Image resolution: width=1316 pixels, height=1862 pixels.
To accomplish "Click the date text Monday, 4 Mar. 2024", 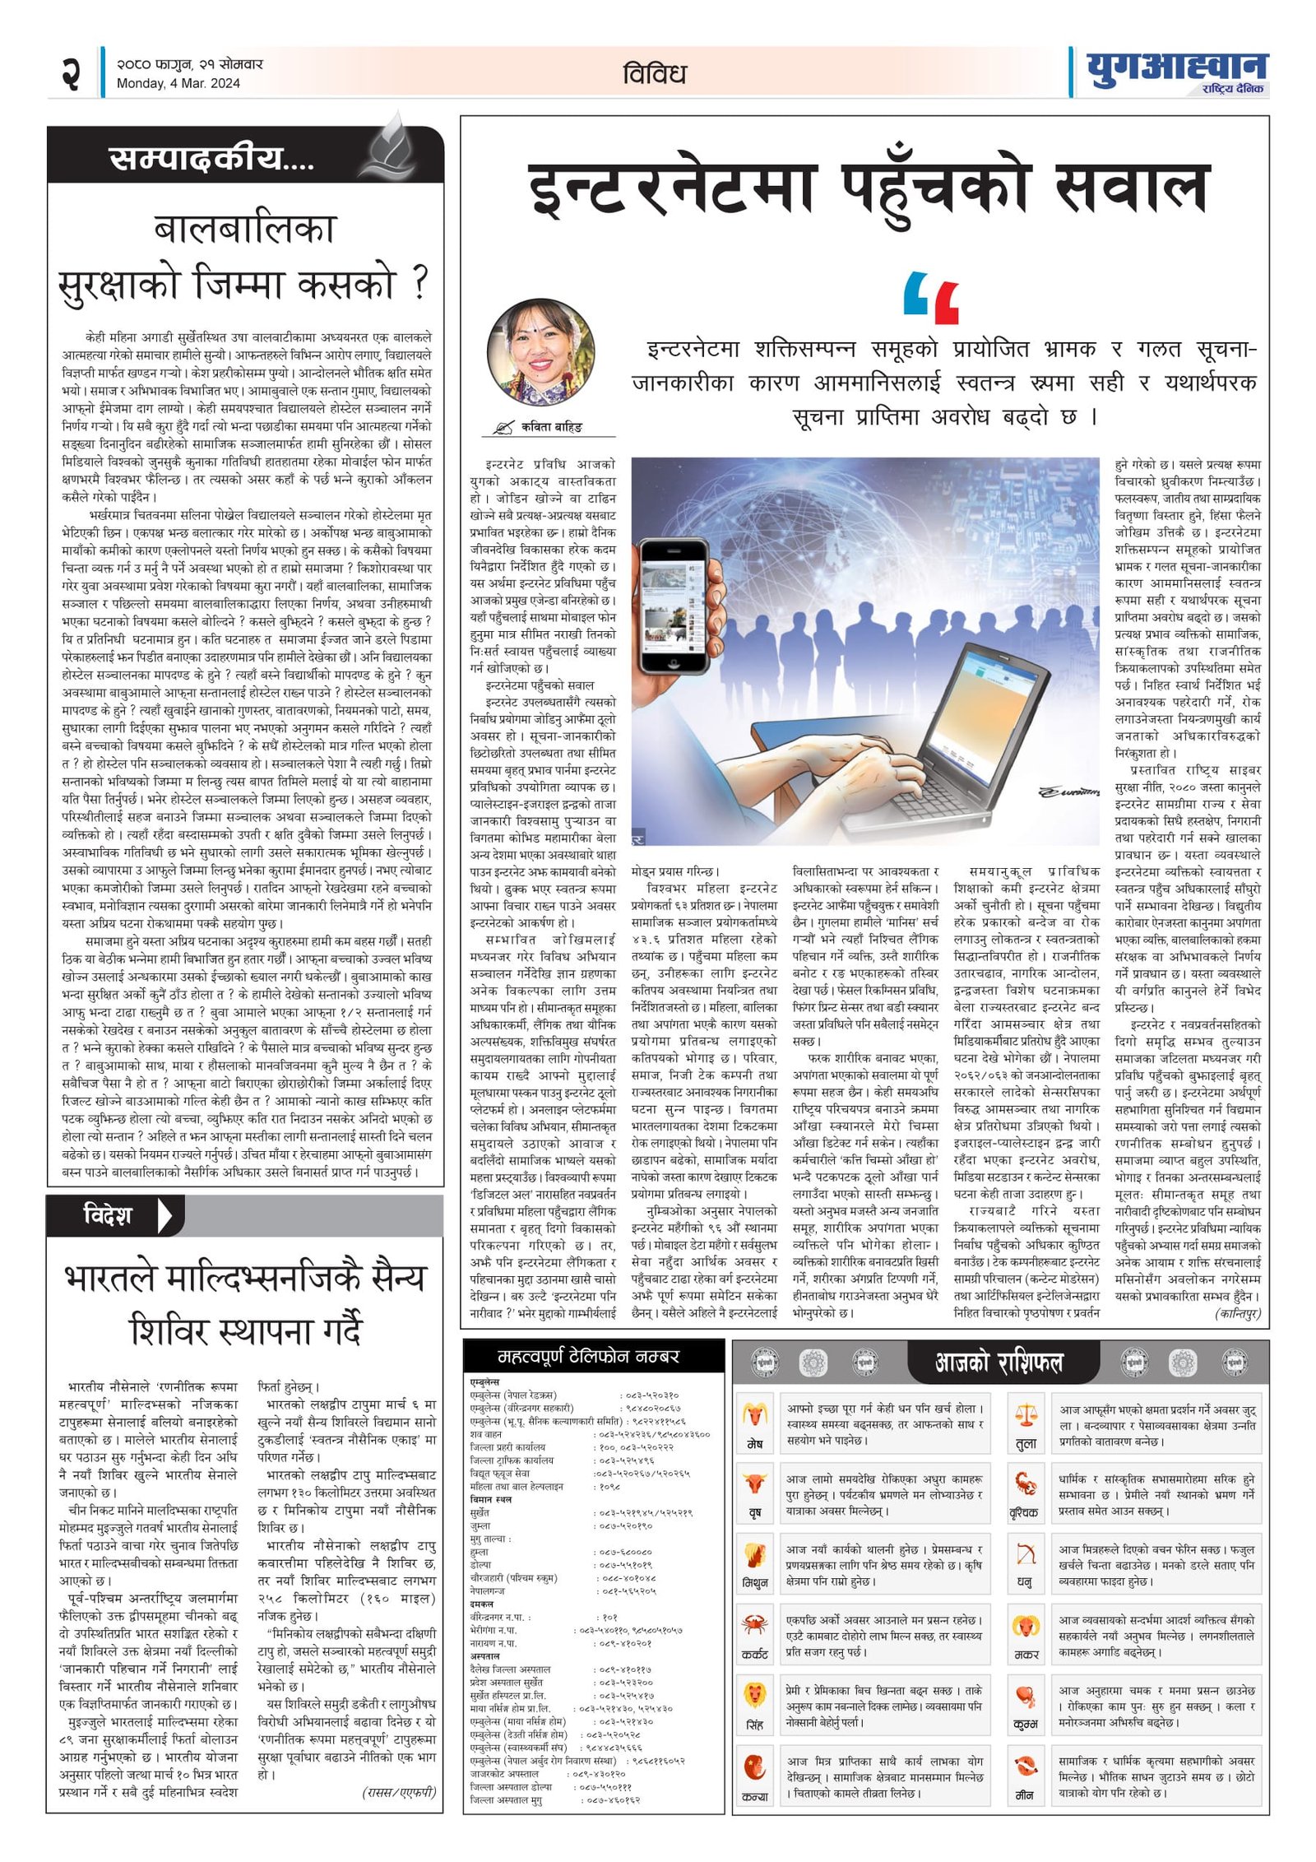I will [178, 83].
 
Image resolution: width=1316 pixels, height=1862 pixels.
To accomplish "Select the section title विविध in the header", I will [654, 74].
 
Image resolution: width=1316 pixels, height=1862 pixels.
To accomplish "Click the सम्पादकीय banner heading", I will [211, 158].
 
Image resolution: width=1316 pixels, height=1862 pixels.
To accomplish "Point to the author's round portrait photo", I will [540, 352].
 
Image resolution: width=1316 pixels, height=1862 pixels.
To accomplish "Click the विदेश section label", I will [108, 1214].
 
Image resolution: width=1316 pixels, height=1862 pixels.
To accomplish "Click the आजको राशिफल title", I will [999, 1363].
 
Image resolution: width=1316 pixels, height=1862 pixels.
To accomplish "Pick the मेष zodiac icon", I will [755, 1414].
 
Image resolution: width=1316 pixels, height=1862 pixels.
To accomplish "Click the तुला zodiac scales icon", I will [1026, 1414].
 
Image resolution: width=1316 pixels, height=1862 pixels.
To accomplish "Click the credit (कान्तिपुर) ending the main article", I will [1236, 1314].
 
